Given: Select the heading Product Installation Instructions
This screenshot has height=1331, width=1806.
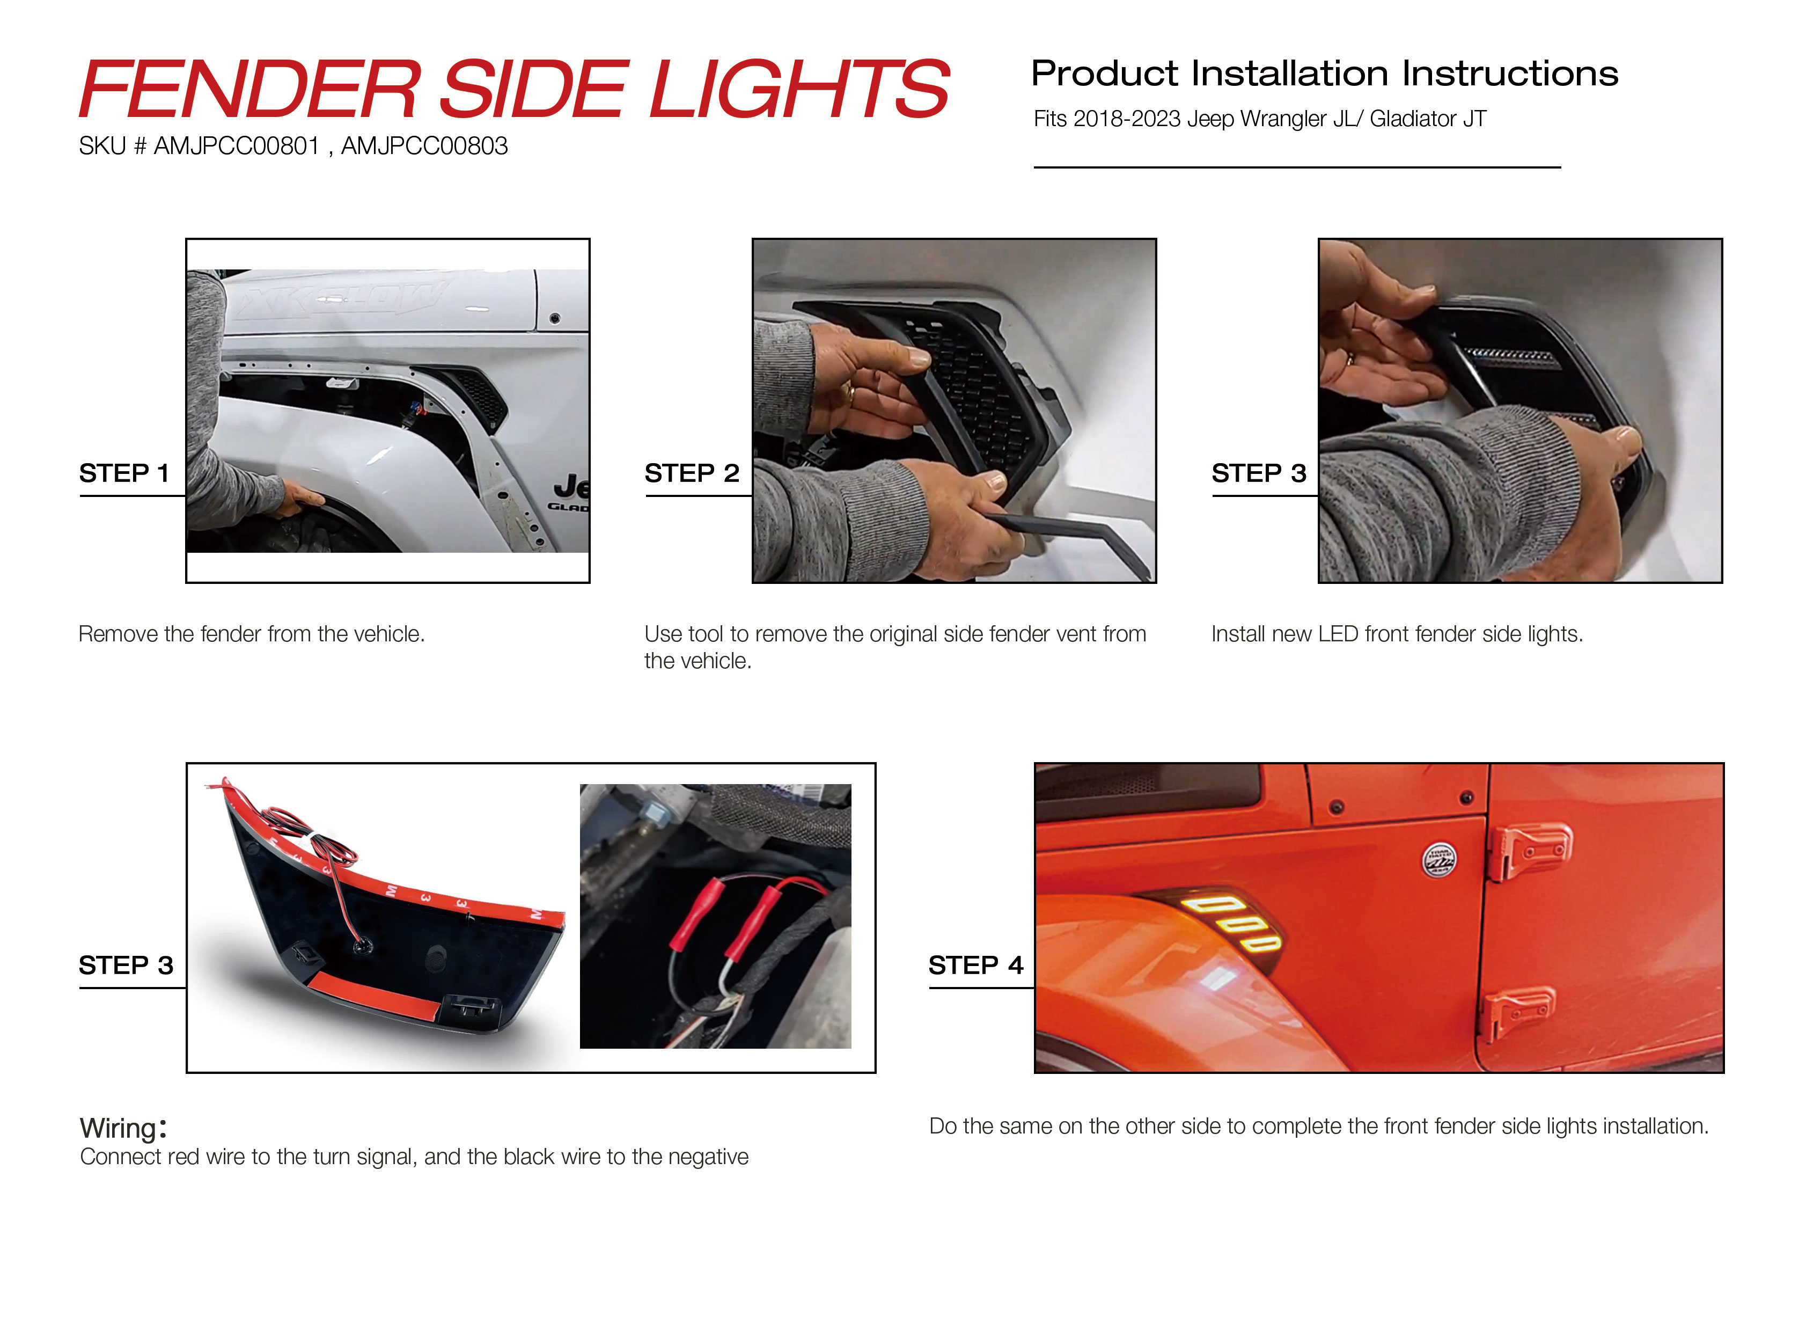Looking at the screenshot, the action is tap(1324, 74).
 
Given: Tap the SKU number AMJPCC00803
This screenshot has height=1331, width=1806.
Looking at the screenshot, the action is tap(424, 146).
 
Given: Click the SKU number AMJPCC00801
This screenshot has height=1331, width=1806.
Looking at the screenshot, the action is tap(237, 146).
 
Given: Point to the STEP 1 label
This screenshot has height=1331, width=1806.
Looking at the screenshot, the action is tap(124, 473).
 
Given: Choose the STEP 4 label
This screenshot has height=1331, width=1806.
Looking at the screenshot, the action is tap(975, 964).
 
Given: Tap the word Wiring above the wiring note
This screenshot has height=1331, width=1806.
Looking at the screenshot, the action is tap(119, 1128).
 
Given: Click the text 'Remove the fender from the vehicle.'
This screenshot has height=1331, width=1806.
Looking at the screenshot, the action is tap(251, 634).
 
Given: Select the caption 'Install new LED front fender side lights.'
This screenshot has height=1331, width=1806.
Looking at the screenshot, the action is tap(1397, 634).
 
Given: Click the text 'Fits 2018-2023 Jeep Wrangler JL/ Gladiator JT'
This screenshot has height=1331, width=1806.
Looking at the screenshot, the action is tap(1259, 119).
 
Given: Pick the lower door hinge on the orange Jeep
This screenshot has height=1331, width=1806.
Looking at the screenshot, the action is tap(1518, 1011).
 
